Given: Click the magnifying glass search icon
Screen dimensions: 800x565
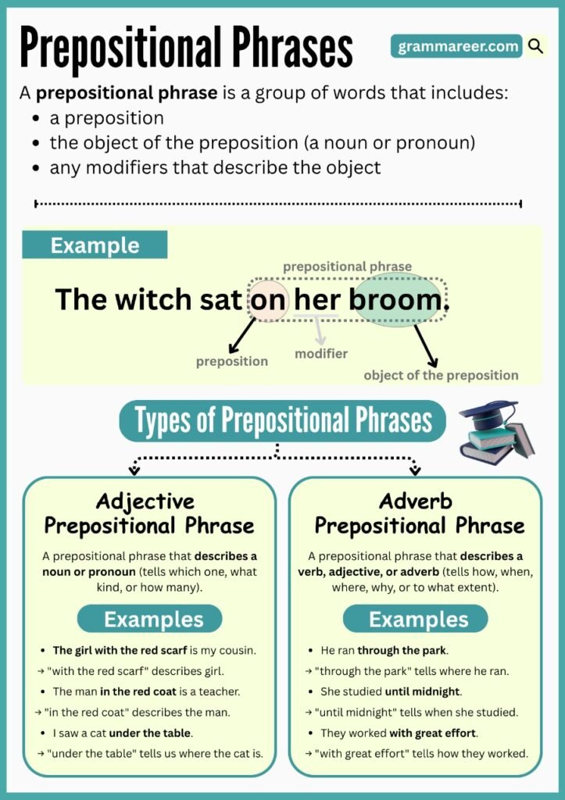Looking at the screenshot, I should click(x=535, y=47).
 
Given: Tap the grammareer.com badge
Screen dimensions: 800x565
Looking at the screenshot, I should click(x=457, y=47).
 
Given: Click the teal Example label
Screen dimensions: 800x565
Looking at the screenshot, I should click(x=95, y=245).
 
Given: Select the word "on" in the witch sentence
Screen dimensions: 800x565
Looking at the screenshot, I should click(x=270, y=300).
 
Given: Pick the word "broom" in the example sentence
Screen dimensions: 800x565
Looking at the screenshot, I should click(x=395, y=300).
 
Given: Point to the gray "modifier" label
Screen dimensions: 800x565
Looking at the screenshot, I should click(x=321, y=354).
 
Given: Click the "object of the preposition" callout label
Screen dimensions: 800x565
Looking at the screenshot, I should click(x=441, y=375).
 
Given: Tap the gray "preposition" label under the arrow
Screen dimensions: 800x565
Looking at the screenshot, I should click(x=232, y=361).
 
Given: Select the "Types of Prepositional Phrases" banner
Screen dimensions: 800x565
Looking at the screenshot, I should click(x=282, y=422).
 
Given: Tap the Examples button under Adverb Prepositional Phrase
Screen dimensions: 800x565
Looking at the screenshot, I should click(x=418, y=620).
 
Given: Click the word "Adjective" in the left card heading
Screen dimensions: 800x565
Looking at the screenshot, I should click(x=145, y=501).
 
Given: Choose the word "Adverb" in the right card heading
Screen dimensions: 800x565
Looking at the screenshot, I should click(x=416, y=501).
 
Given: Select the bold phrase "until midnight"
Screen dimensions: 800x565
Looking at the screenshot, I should click(x=422, y=691).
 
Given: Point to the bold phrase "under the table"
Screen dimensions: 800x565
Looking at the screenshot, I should click(x=150, y=733).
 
